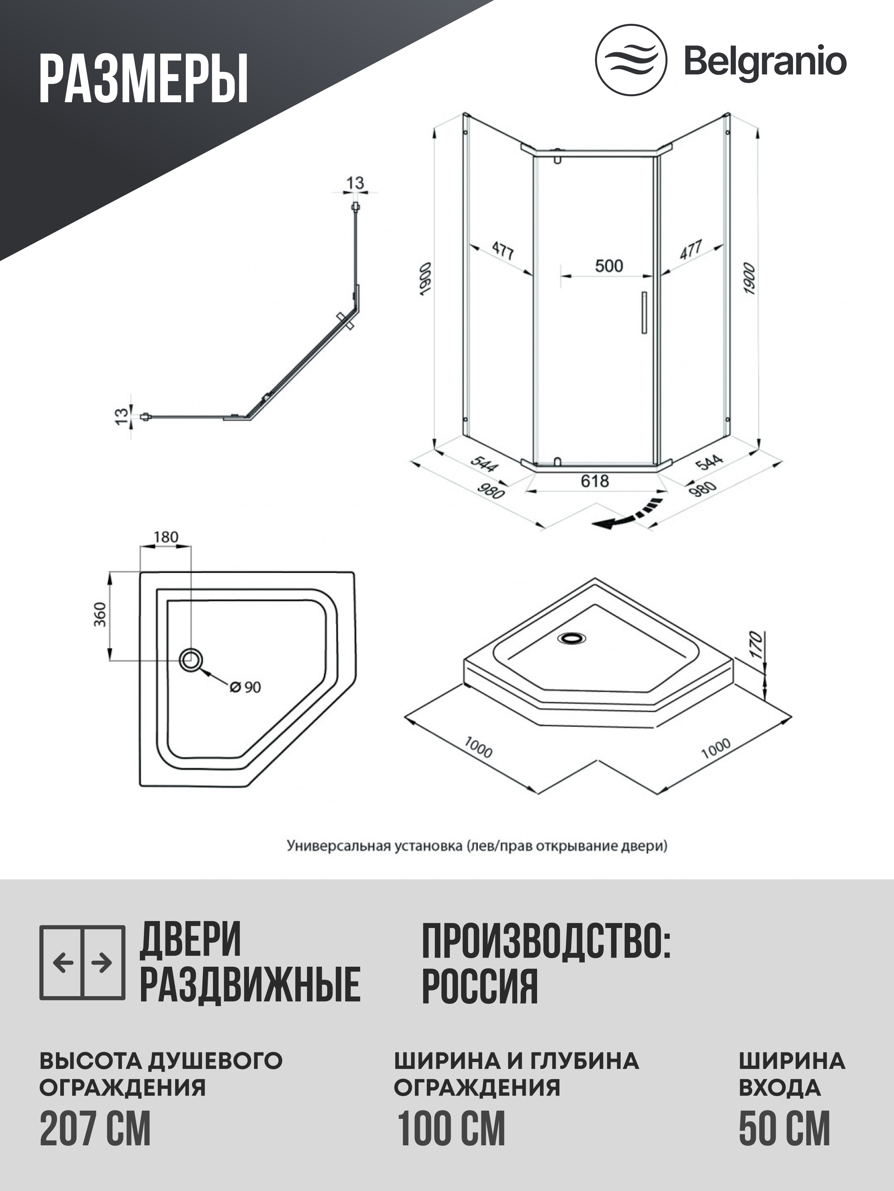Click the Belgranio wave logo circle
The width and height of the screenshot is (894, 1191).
[630, 60]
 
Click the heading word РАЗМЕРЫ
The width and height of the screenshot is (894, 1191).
[144, 79]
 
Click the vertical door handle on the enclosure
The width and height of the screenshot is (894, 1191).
[643, 313]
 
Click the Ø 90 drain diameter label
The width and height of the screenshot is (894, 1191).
[245, 687]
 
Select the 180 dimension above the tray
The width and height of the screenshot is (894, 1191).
[166, 537]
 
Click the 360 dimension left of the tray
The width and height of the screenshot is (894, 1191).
[101, 614]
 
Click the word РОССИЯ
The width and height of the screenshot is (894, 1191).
[479, 987]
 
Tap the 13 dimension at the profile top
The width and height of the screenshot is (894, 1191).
[355, 183]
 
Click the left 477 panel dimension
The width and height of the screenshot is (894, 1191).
[503, 250]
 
